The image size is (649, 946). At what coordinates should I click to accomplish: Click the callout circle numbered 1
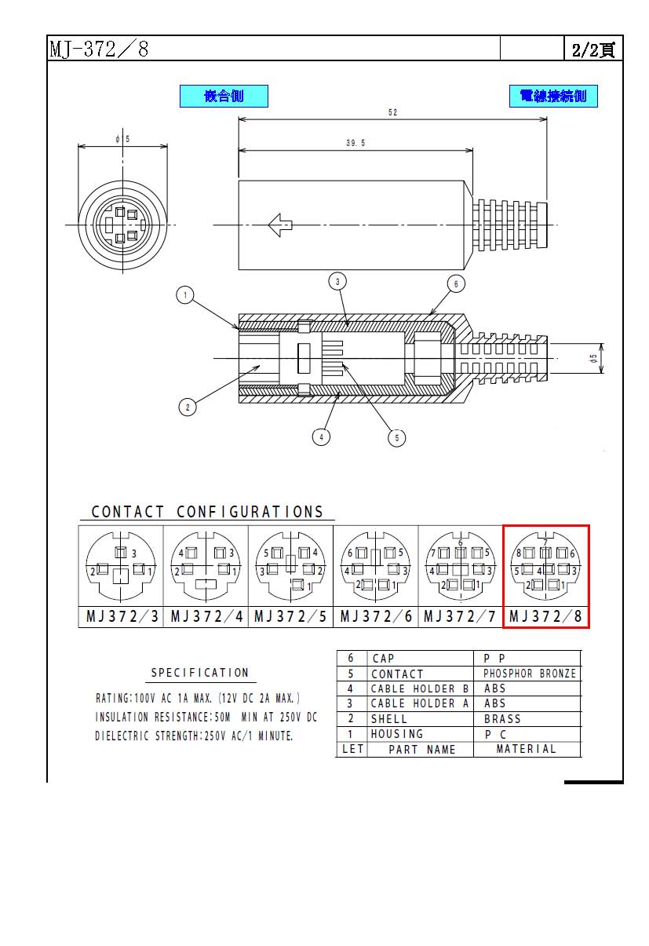[x=185, y=294]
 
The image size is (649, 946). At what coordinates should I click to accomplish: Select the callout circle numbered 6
[x=456, y=284]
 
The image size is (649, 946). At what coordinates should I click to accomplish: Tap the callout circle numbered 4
[x=321, y=436]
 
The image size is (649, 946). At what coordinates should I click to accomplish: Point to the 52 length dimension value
[x=392, y=112]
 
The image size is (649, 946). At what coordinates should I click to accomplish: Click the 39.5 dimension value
[x=355, y=143]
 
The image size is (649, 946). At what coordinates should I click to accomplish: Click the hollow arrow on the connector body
[x=280, y=225]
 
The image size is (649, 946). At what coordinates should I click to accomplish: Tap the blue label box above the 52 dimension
[x=553, y=97]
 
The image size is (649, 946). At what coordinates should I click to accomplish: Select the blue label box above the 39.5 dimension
[x=224, y=97]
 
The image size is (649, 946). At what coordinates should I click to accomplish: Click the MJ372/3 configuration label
[x=122, y=616]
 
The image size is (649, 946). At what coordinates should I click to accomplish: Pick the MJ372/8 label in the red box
[x=545, y=616]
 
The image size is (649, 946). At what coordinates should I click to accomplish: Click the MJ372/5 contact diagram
[x=290, y=566]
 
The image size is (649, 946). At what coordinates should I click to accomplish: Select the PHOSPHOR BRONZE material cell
[x=530, y=673]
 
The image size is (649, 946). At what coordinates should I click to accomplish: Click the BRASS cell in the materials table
[x=502, y=719]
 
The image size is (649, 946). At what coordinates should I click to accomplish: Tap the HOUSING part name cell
[x=397, y=734]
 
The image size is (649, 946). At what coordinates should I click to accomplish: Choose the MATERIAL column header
[x=526, y=749]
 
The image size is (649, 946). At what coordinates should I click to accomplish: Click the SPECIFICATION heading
[x=200, y=672]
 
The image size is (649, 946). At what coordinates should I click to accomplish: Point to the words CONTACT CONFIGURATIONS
[x=207, y=512]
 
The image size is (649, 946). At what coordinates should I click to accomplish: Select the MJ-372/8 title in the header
[x=99, y=49]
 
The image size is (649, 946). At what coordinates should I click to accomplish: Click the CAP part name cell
[x=383, y=658]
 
